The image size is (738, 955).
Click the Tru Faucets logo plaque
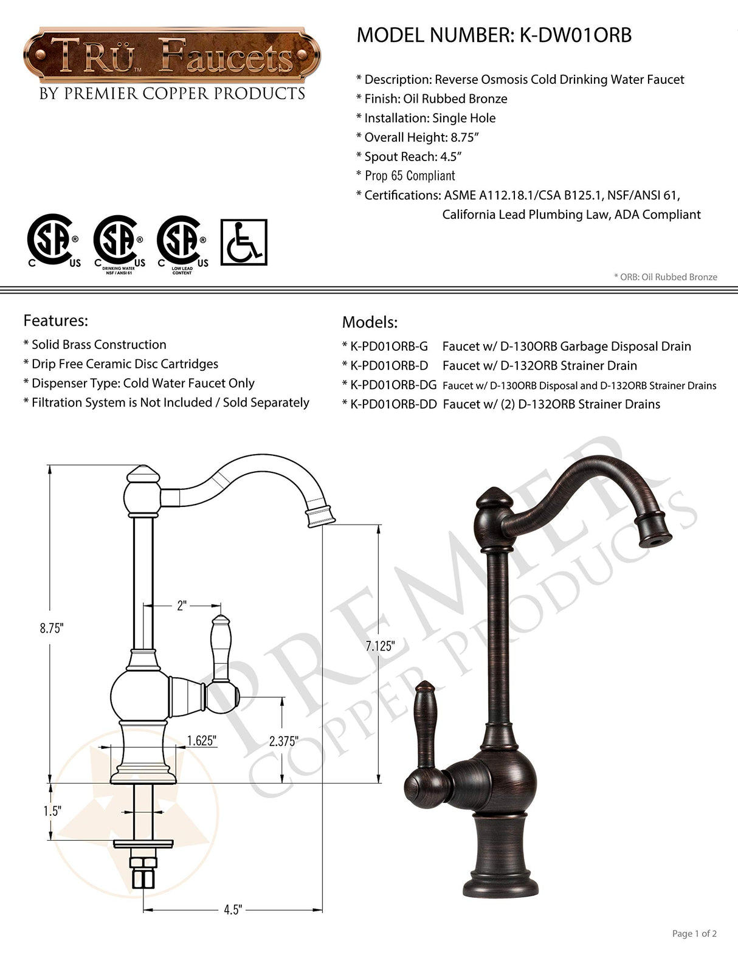coord(172,56)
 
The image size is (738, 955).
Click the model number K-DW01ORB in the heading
coord(575,35)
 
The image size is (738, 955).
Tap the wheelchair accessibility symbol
coord(244,242)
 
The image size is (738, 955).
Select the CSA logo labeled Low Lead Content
coord(182,243)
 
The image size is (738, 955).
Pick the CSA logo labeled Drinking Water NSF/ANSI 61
coord(119,243)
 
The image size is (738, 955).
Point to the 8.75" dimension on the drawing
coord(52,629)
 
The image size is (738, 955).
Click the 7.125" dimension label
coord(380,646)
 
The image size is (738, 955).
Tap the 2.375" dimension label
coord(284,741)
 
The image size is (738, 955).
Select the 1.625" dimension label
coord(202,740)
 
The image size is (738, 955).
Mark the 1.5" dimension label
coord(52,811)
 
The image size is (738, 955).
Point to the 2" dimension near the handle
coord(181,606)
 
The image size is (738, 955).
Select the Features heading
coord(55,320)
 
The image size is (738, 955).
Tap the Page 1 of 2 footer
coord(694,933)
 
